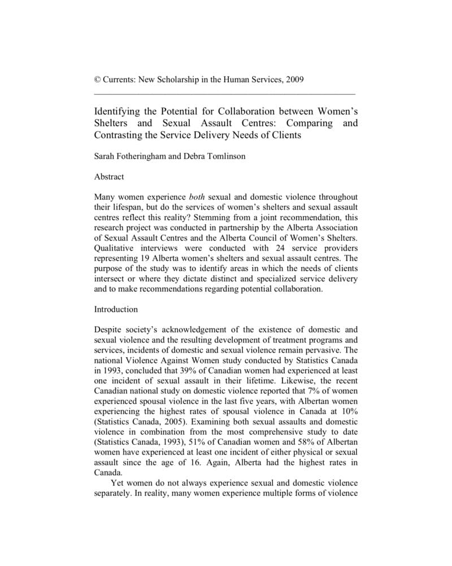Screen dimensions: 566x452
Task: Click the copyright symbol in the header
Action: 97,80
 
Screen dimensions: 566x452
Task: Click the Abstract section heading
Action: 109,177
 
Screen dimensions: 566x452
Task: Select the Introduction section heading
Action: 116,310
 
